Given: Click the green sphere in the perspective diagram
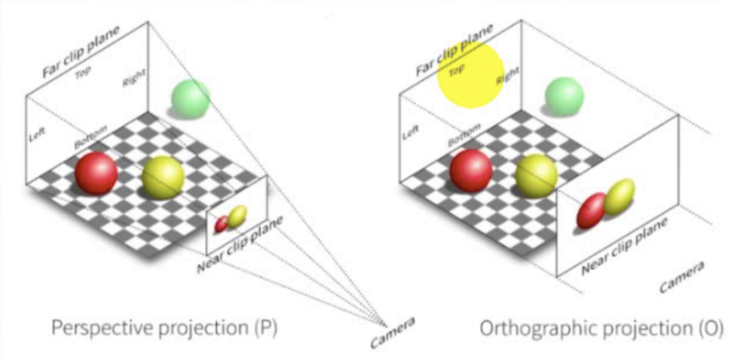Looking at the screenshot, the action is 190,99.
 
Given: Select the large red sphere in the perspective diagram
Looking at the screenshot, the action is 96,173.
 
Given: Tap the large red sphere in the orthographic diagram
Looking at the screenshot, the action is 471,170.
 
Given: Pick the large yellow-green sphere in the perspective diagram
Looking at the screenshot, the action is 163,177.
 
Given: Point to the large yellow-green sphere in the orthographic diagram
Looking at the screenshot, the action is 536,175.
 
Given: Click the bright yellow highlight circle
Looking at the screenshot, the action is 471,74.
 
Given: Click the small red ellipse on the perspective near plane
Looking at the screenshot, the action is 222,224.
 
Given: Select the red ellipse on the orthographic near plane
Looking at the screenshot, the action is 591,210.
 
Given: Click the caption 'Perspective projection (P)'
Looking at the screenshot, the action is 164,328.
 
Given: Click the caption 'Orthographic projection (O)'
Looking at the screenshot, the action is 601,328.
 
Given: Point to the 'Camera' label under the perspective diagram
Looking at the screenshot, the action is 392,332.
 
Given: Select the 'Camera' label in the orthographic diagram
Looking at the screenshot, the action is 681,277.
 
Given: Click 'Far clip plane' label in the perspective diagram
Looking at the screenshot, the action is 81,52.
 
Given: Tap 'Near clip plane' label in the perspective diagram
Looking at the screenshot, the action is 240,245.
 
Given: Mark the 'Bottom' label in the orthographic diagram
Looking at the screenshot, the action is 464,135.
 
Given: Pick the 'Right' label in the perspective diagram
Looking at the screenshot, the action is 133,78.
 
